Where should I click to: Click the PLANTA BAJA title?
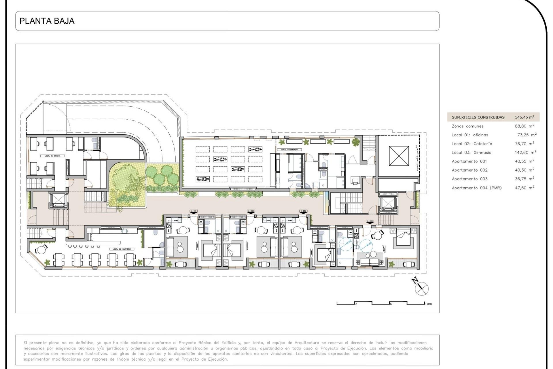point(47,21)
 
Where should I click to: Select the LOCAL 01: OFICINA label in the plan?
point(52,156)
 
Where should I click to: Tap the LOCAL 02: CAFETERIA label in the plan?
point(122,249)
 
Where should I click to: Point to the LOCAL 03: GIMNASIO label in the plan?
point(289,150)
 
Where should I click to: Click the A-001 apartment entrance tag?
point(194,211)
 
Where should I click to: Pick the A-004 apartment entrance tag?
point(370,221)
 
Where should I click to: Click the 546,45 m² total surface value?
point(524,117)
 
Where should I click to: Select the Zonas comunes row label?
point(467,126)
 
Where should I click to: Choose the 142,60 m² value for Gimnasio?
point(525,153)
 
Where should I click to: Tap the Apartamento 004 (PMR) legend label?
point(477,188)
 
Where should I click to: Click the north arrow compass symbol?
point(421,287)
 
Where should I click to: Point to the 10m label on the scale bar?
point(428,304)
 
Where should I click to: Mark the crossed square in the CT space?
point(399,156)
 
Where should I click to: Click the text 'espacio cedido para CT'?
point(417,158)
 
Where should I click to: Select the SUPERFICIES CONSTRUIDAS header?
point(478,117)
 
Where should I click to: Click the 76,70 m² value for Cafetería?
point(524,144)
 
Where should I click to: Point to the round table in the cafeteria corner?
point(42,250)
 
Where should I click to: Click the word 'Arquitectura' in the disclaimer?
point(307,343)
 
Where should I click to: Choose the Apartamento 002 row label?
point(469,170)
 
